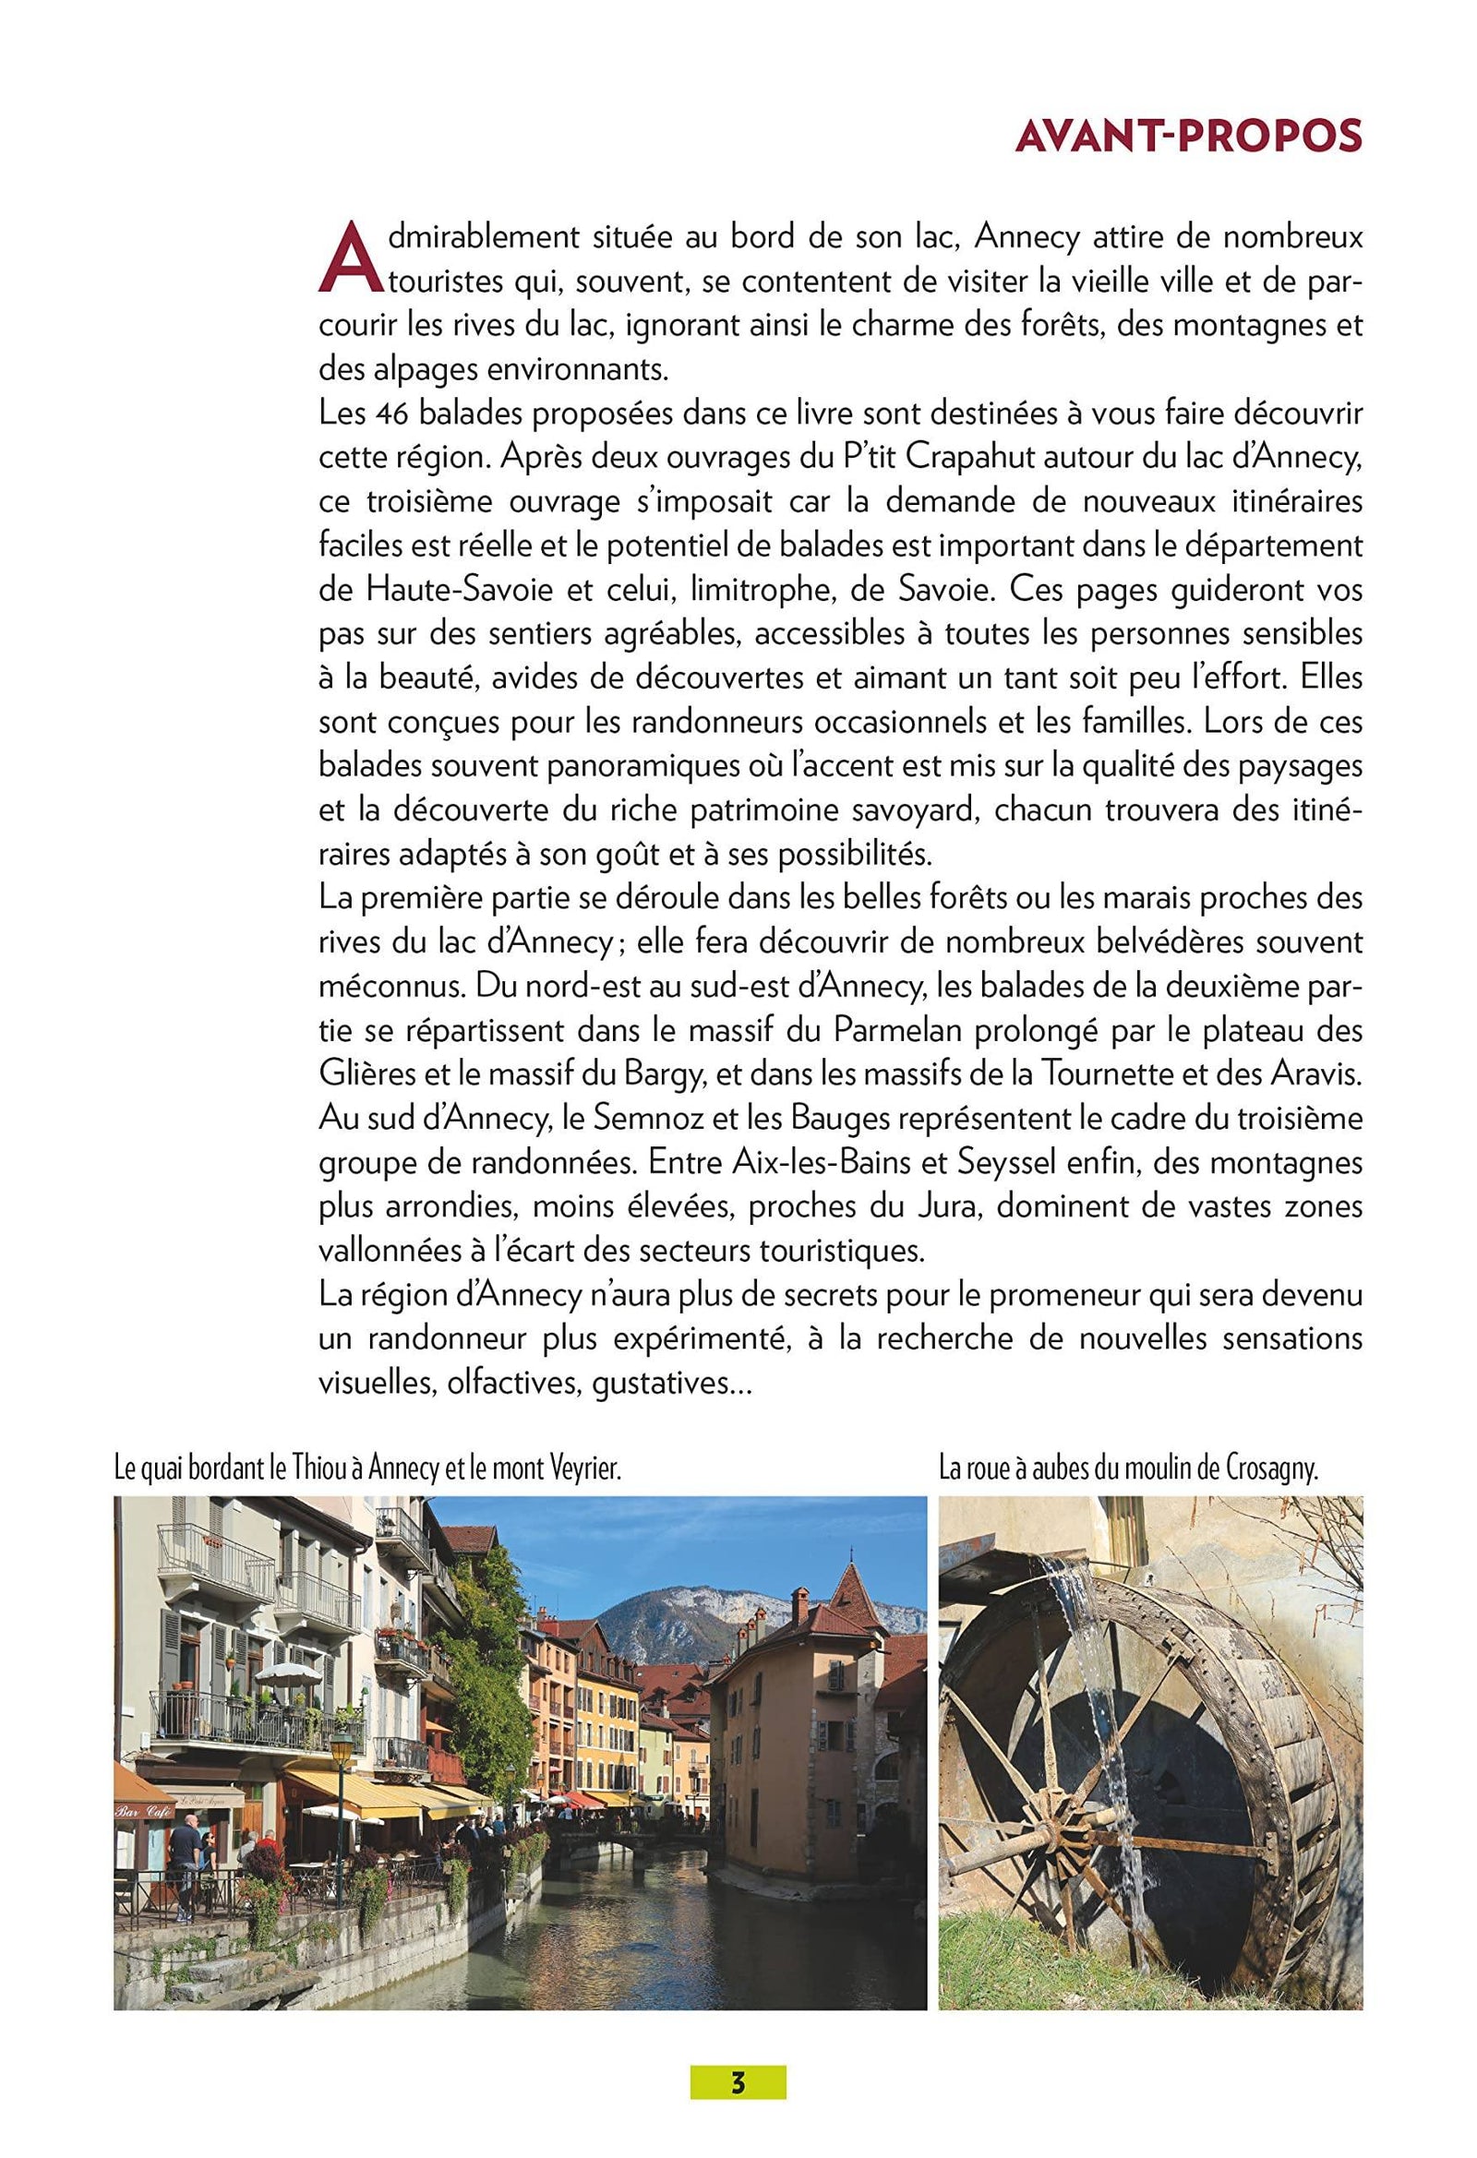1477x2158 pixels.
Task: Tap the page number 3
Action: pyautogui.click(x=738, y=2055)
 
